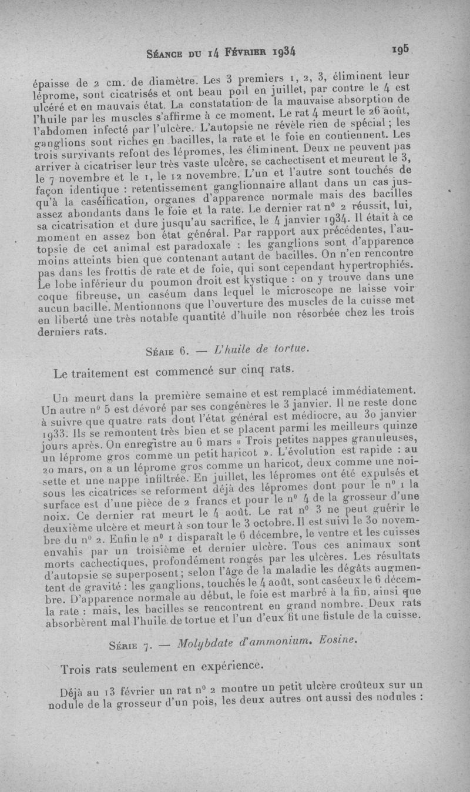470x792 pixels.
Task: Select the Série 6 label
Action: pos(166,352)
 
